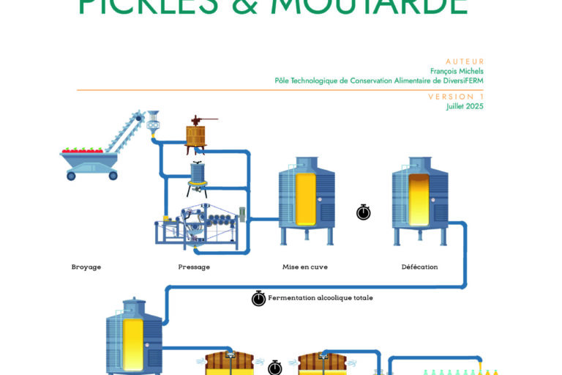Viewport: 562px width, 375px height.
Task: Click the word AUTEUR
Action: tap(465, 62)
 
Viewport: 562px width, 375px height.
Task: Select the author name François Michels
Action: tap(457, 71)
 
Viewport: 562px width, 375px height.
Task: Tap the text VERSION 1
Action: tap(457, 97)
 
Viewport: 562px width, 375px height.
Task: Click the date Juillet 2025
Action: tap(465, 106)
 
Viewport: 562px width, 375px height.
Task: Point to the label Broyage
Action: tap(86, 267)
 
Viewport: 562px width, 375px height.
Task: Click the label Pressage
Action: tap(194, 267)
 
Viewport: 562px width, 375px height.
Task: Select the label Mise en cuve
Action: tap(305, 267)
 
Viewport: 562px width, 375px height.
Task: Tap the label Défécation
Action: tap(420, 267)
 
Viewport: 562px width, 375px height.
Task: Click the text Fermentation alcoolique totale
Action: tap(321, 298)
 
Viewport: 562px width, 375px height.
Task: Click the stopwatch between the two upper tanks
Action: tap(364, 212)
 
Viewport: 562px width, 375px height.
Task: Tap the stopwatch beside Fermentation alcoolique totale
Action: tap(258, 298)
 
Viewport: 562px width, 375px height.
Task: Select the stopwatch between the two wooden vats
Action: tap(275, 366)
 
